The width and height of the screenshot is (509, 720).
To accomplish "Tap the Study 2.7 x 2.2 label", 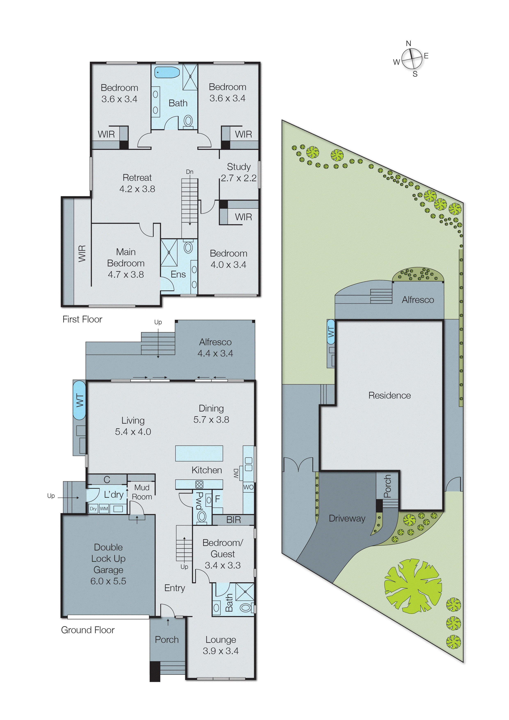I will coord(239,172).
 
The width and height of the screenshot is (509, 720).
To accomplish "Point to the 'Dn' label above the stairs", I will coord(190,172).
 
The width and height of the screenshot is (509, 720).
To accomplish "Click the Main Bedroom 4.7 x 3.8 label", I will coord(126,263).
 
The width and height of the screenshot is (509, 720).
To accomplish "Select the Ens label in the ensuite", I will coord(178,274).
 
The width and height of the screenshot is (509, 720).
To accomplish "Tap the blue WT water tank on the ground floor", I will coord(79,400).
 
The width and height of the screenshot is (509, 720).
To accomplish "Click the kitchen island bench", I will coord(199,453).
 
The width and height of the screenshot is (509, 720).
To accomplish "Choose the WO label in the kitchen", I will coord(248,487).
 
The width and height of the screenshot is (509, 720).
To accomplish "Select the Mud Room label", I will coord(142,492).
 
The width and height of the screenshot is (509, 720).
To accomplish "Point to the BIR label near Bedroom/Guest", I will coord(233,520).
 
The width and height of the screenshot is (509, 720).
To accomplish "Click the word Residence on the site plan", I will coord(389,396).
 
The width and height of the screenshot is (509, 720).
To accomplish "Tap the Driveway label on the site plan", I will coord(347,518).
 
